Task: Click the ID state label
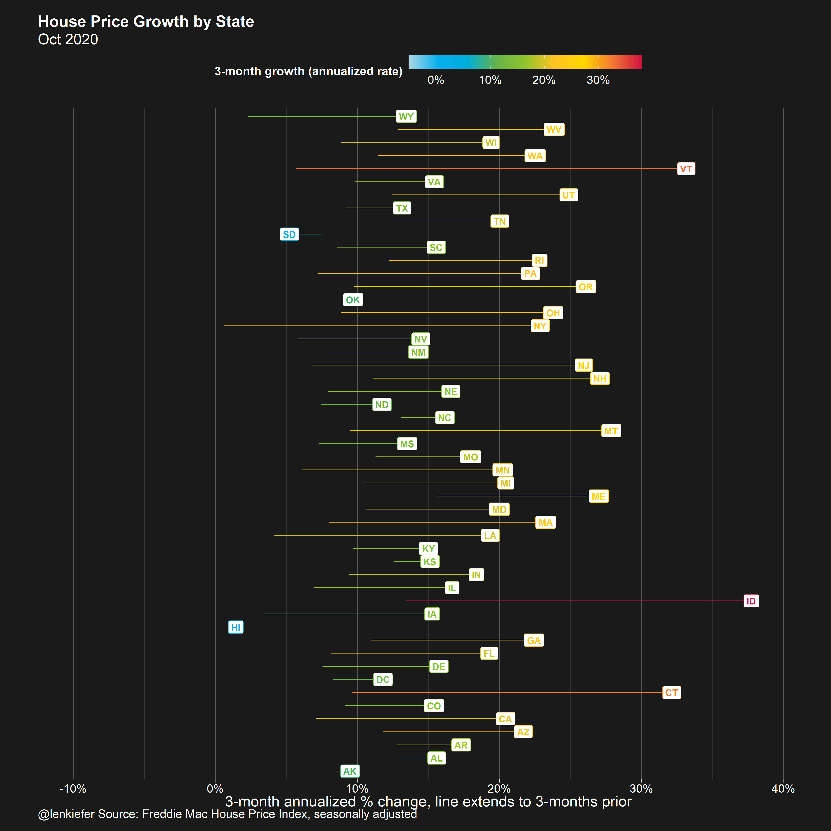point(751,601)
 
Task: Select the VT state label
point(686,169)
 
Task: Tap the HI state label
point(236,627)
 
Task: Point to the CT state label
point(671,692)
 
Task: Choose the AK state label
point(350,771)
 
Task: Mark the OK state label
point(353,300)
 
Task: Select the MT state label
point(611,431)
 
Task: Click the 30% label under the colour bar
point(598,80)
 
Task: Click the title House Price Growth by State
point(146,22)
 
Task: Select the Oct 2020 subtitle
point(68,39)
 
